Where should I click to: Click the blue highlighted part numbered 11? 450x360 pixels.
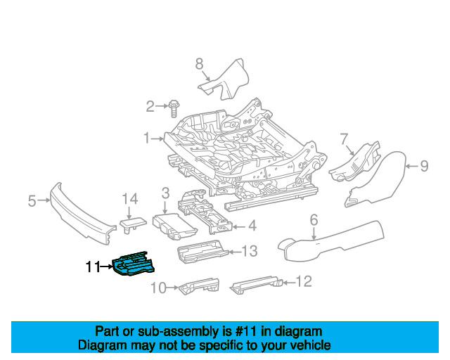coord(134,264)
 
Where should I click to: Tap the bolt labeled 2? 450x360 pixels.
coord(174,108)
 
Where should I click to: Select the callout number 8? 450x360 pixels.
coord(199,64)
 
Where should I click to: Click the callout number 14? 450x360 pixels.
coord(130,199)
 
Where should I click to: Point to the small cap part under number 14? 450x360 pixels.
coord(133,224)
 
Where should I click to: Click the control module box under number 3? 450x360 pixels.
coord(175,226)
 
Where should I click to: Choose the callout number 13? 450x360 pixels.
coord(249,251)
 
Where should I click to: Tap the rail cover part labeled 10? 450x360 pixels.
coord(199,285)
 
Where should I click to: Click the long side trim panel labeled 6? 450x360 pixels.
coord(330,241)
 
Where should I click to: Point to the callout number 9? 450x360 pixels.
coord(424,166)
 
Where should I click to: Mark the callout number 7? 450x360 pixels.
coord(344,139)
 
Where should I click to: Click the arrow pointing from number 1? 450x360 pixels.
coord(157,139)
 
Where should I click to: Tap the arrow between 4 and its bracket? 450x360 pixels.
coord(239,227)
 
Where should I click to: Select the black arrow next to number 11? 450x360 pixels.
coord(106,266)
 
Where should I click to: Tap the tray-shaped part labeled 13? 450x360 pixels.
coord(202,252)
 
